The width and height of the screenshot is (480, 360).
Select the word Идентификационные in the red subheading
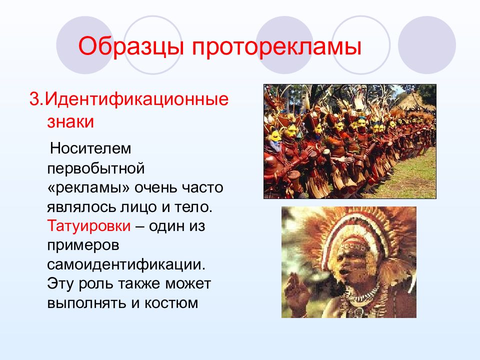137,99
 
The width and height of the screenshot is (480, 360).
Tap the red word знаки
70,121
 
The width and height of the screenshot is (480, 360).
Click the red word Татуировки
89,226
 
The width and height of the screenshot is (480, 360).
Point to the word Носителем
90,148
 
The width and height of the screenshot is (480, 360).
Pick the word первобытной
96,168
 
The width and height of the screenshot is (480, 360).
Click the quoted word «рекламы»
89,187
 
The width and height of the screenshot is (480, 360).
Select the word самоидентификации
126,264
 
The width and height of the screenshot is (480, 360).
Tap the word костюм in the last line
171,303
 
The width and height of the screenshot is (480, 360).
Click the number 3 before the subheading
34,99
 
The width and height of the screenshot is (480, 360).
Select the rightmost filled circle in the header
426,45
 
